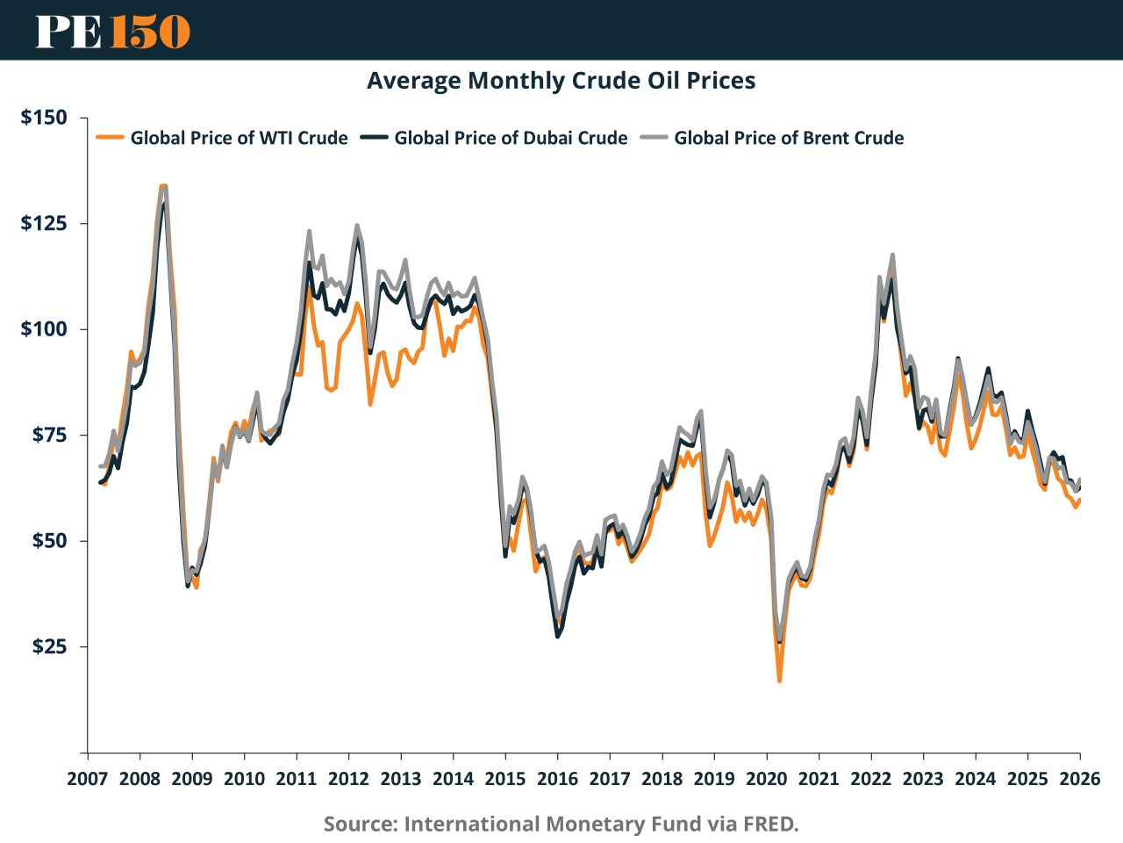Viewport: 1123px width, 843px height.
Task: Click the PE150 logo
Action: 112,31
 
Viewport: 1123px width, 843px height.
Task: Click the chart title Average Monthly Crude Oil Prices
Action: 561,81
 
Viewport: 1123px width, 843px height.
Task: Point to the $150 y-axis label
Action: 44,118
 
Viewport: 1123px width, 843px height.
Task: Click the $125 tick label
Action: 44,223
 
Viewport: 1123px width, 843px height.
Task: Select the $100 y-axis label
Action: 44,329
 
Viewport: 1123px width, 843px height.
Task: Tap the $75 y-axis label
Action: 48,435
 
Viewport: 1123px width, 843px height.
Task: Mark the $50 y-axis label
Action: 48,541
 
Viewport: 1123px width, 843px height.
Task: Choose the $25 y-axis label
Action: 48,647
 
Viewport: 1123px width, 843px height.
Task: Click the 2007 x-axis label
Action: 88,779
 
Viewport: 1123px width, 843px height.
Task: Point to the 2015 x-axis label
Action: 505,779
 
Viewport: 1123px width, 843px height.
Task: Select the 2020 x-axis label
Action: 766,779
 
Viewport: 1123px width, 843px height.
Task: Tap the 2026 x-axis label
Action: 1079,779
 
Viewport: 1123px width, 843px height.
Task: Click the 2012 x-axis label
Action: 348,779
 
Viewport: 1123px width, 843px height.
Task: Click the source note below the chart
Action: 561,824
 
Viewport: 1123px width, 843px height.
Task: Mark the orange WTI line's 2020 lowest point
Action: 779,681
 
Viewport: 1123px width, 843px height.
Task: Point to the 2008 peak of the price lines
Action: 163,186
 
